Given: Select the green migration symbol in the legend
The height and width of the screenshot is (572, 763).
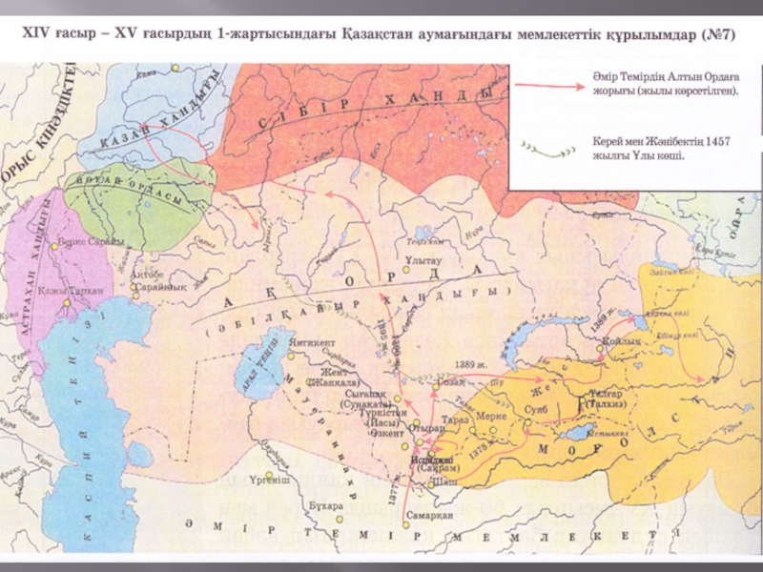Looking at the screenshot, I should click(x=551, y=148).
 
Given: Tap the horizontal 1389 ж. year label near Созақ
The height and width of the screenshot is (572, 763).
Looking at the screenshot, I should click(x=474, y=364).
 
